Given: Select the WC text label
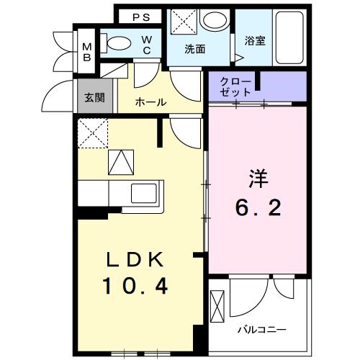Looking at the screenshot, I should pyautogui.click(x=145, y=45).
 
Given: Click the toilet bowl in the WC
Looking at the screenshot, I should pyautogui.click(x=117, y=42).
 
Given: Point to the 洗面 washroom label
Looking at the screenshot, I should pyautogui.click(x=195, y=50).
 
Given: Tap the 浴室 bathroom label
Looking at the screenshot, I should pyautogui.click(x=255, y=40).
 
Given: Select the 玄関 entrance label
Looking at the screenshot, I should pyautogui.click(x=94, y=97).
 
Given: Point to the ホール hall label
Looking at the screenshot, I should pyautogui.click(x=151, y=102).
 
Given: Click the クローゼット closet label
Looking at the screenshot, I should pyautogui.click(x=237, y=86).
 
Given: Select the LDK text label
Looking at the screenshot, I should pyautogui.click(x=135, y=259).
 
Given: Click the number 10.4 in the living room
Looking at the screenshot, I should pyautogui.click(x=135, y=287).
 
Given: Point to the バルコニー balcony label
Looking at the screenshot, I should pyautogui.click(x=262, y=330).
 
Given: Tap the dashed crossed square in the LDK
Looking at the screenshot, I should pyautogui.click(x=92, y=132).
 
